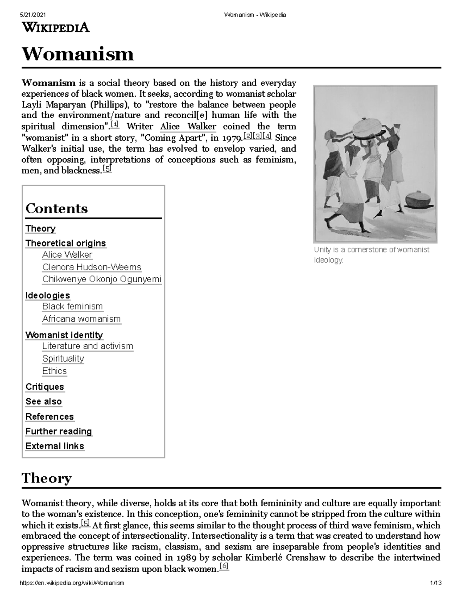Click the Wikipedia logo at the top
pyautogui.click(x=56, y=28)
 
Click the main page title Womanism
pyautogui.click(x=78, y=54)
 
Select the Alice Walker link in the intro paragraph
pyautogui.click(x=188, y=127)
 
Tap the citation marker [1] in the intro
pyautogui.click(x=115, y=125)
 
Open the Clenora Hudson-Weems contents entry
pyautogui.click(x=92, y=267)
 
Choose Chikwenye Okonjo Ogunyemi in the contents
pyautogui.click(x=102, y=280)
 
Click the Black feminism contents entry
pyautogui.click(x=72, y=307)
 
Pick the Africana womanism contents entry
pyautogui.click(x=81, y=319)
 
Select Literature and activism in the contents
pyautogui.click(x=87, y=346)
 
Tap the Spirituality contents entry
pyautogui.click(x=63, y=358)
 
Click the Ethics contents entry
pyautogui.click(x=54, y=371)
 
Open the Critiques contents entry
pyautogui.click(x=45, y=387)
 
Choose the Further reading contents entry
pyautogui.click(x=59, y=432)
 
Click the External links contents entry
pyautogui.click(x=55, y=446)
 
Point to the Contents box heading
pyautogui.click(x=57, y=209)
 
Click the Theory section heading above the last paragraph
pyautogui.click(x=47, y=478)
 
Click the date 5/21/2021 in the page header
pyautogui.click(x=32, y=15)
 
